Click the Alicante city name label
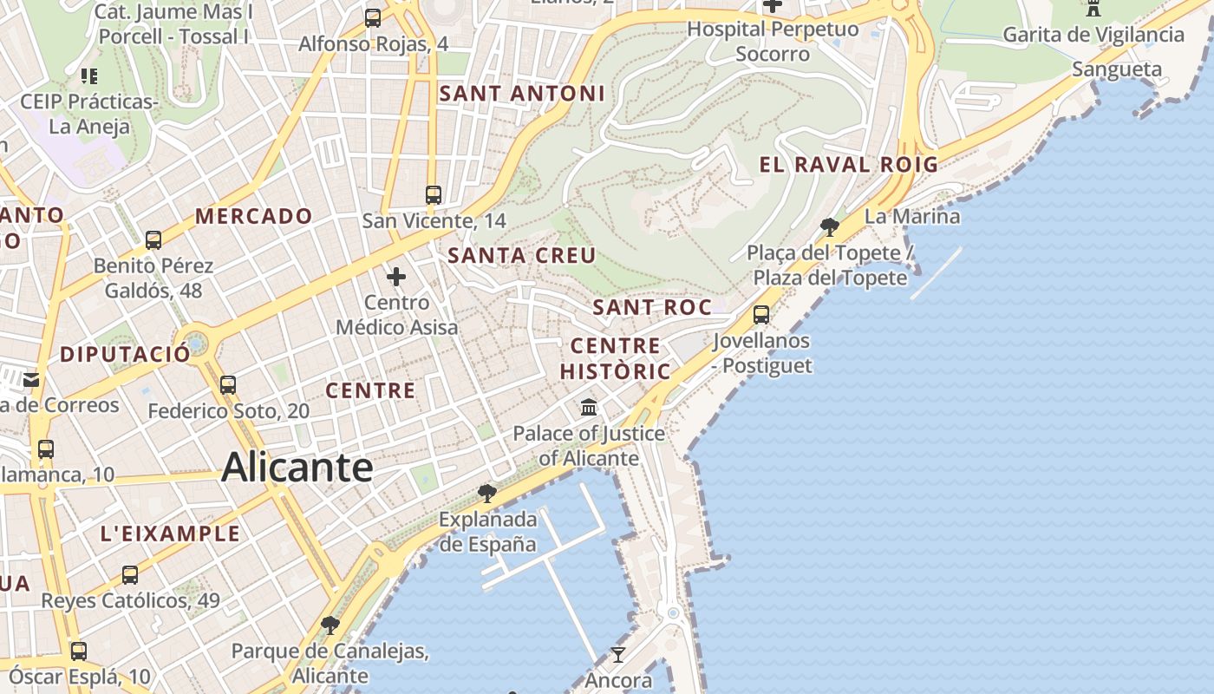click(297, 468)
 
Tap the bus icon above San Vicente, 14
click(434, 195)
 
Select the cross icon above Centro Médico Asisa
click(396, 277)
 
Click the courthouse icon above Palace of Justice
click(589, 407)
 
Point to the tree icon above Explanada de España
click(487, 494)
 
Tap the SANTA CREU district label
click(522, 255)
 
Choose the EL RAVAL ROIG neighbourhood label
click(849, 164)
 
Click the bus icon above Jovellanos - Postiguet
click(761, 315)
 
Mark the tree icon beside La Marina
click(830, 227)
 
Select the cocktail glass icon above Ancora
click(617, 654)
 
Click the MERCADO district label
click(254, 216)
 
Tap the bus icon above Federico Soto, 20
click(228, 384)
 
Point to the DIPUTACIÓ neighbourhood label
click(125, 354)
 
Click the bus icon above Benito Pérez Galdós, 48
click(153, 240)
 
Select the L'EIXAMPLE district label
click(170, 534)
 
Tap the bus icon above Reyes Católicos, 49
click(130, 574)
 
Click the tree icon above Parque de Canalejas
click(330, 625)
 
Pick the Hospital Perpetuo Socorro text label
click(773, 41)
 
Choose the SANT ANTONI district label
click(522, 93)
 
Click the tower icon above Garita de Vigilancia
click(1093, 9)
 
